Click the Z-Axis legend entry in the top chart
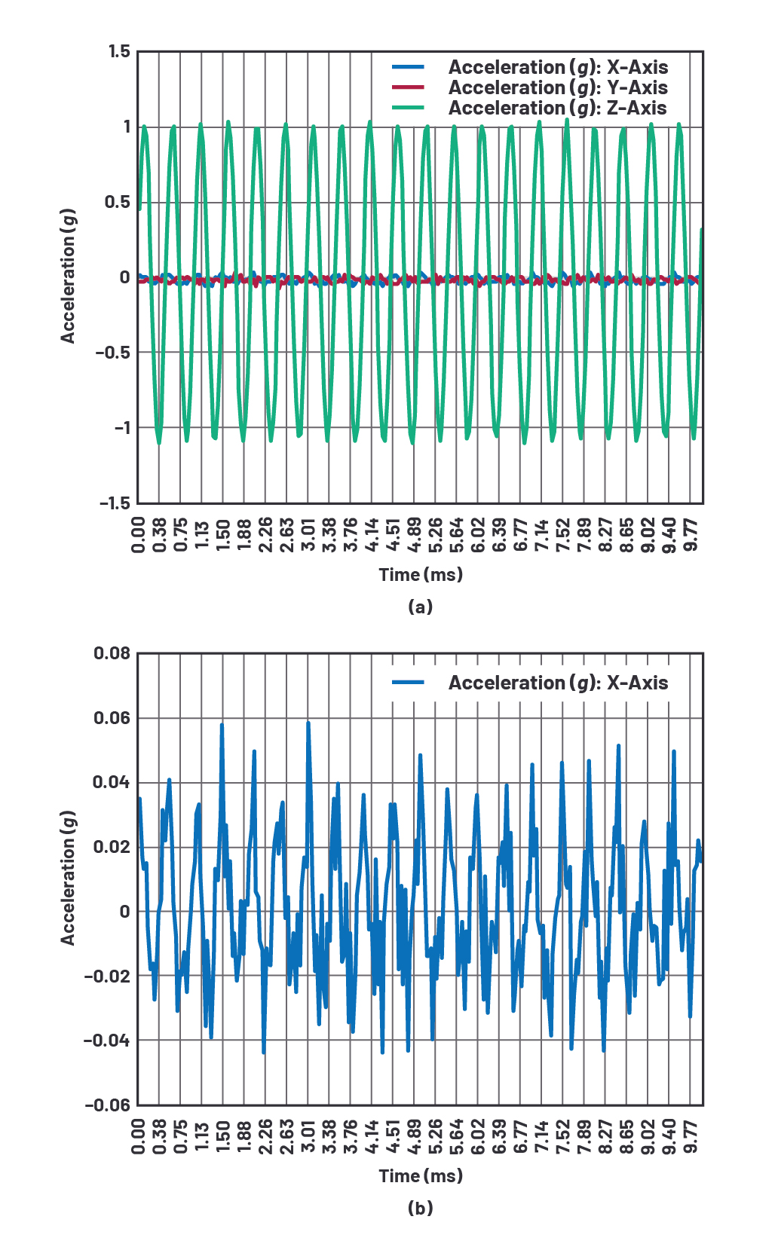pos(557,109)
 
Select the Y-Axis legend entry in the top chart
pos(557,88)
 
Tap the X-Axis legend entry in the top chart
pos(557,68)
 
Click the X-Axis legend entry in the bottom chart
pos(557,683)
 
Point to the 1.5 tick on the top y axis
pos(119,51)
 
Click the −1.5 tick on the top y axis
pos(115,503)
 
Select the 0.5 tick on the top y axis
pos(118,202)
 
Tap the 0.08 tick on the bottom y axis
pos(112,653)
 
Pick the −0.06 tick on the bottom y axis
pos(108,1105)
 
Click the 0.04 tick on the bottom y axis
pos(111,782)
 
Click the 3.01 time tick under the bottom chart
pos(308,1135)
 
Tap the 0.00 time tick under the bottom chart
pos(138,1135)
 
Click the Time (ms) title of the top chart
pos(421,575)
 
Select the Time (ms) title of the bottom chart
pos(421,1176)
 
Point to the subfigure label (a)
pos(420,607)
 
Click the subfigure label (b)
pos(420,1209)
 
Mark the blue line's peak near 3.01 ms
pos(308,723)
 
